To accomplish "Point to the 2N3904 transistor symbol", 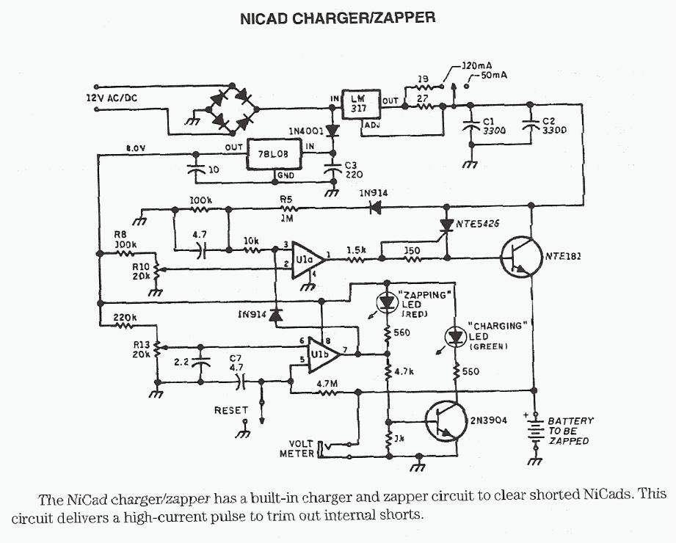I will coord(443,422).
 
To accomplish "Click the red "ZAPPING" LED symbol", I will coord(387,302).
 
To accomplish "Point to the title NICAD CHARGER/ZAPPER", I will coord(338,18).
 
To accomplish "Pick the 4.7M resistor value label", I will coord(326,382).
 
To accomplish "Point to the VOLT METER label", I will coord(297,448).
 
